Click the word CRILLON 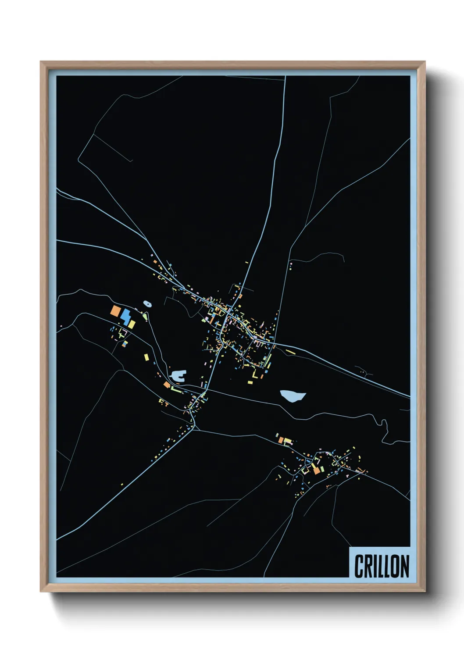[381, 566]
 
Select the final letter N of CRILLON [404, 566]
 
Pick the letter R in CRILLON [368, 566]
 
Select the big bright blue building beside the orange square [126, 317]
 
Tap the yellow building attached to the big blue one [132, 324]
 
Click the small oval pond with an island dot [147, 303]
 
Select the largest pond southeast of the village [293, 396]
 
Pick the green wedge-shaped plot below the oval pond [145, 315]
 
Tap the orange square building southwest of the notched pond [167, 385]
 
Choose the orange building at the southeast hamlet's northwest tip [281, 440]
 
